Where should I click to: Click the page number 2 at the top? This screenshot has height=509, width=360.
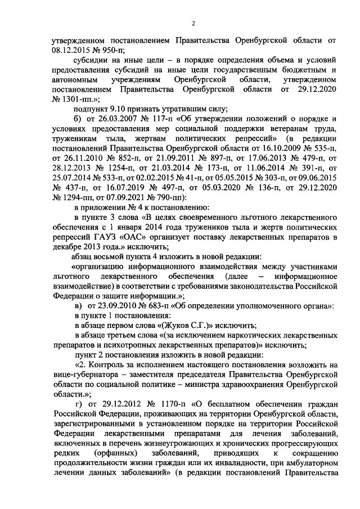[x=192, y=23]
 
